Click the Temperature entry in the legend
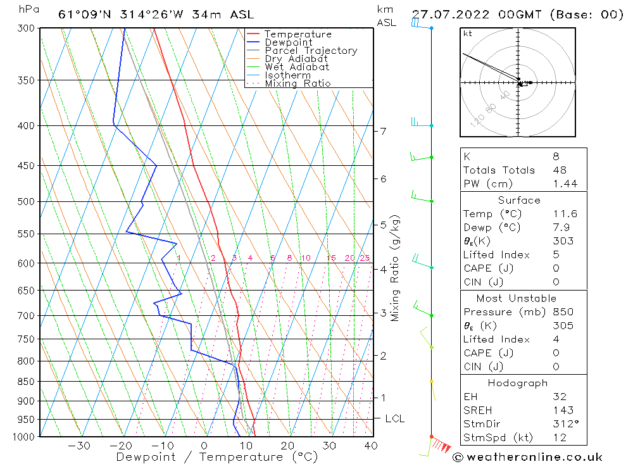click(x=298, y=34)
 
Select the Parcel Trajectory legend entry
click(x=310, y=51)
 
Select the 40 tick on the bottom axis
click(x=371, y=446)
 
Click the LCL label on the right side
click(x=394, y=419)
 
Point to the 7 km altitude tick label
click(x=383, y=131)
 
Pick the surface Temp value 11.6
click(x=565, y=214)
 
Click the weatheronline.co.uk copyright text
click(x=527, y=457)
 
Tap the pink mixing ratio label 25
click(x=365, y=258)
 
